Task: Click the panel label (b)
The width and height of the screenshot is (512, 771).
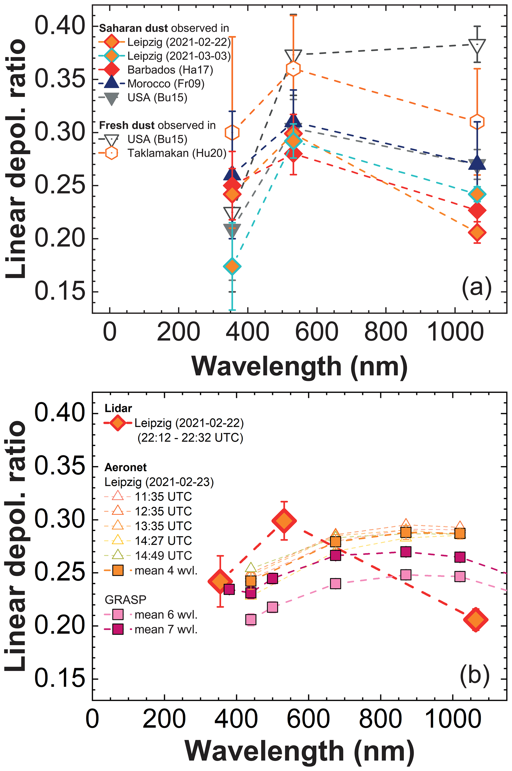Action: (x=474, y=675)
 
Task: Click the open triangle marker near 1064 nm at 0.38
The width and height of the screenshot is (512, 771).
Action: (x=477, y=45)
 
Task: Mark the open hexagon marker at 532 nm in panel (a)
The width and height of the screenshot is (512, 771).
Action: (x=293, y=69)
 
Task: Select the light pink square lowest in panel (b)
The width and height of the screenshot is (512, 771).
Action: (x=250, y=619)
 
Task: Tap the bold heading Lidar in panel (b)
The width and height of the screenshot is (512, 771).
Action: (x=118, y=408)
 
